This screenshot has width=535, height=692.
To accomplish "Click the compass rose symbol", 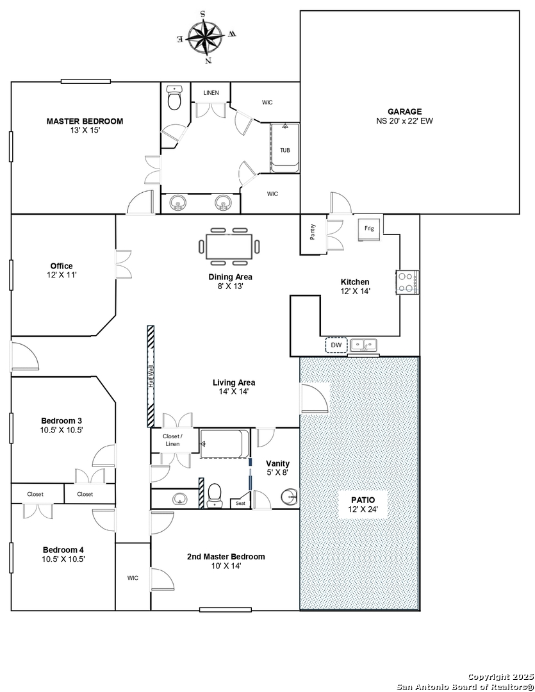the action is click(x=206, y=37).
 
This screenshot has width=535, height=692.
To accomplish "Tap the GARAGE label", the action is click(x=404, y=111).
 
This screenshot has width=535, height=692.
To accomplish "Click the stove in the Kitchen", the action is click(x=407, y=283).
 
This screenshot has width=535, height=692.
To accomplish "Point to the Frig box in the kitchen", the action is click(x=370, y=229).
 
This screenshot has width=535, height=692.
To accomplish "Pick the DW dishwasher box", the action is click(x=336, y=345).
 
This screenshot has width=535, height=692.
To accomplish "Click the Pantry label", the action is click(x=313, y=232).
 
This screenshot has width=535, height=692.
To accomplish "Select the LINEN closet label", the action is click(x=211, y=93).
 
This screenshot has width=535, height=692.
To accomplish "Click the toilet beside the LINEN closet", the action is click(x=175, y=97).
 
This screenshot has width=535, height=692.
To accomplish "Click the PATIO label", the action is click(x=363, y=500).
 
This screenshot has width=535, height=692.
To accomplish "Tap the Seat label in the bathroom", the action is click(x=240, y=503).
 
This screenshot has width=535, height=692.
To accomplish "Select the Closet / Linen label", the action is click(x=172, y=440).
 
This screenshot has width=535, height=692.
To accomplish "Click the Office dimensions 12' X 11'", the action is click(x=62, y=275).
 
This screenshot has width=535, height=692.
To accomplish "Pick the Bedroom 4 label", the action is click(x=63, y=550).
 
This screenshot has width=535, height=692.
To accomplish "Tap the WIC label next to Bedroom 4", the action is click(x=133, y=578).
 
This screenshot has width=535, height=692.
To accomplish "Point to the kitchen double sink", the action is click(x=364, y=345).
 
